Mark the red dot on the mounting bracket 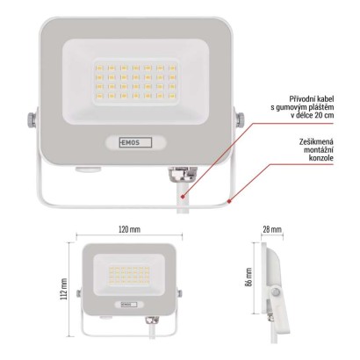pos(229,199)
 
